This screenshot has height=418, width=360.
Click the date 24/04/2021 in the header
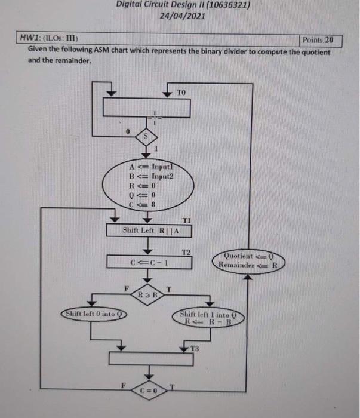tap(183, 16)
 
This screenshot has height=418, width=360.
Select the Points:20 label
tap(321, 41)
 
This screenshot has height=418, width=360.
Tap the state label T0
tap(181, 92)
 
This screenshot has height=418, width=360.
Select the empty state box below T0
tap(147, 108)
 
